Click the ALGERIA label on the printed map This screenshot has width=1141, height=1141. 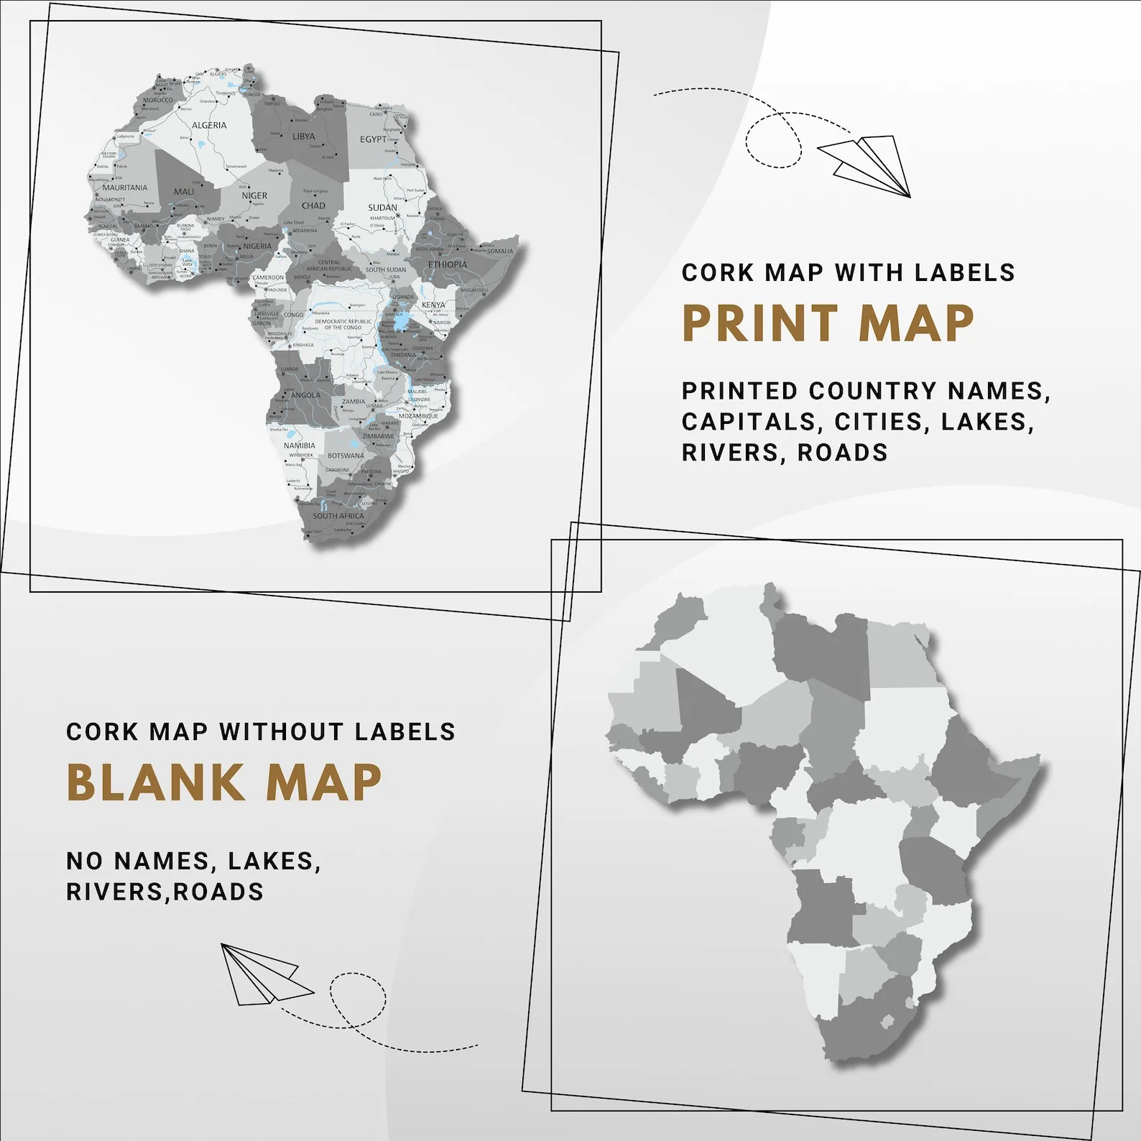pyautogui.click(x=209, y=125)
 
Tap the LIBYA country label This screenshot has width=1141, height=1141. pyautogui.click(x=303, y=137)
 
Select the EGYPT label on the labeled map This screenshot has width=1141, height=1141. pyautogui.click(x=373, y=139)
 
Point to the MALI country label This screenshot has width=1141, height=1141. pyautogui.click(x=184, y=192)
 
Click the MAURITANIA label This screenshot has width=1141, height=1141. pyautogui.click(x=125, y=188)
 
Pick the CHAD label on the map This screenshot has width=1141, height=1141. pyautogui.click(x=313, y=205)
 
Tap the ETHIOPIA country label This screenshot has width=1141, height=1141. pyautogui.click(x=448, y=264)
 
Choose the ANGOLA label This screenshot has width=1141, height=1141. pyautogui.click(x=306, y=395)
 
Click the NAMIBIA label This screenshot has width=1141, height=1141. pyautogui.click(x=299, y=445)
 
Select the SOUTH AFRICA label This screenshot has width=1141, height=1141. pyautogui.click(x=338, y=516)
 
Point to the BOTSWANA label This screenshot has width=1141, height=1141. pyautogui.click(x=346, y=456)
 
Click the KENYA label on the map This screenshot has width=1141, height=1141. pyautogui.click(x=433, y=305)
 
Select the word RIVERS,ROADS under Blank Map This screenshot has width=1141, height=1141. pyautogui.click(x=165, y=892)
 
